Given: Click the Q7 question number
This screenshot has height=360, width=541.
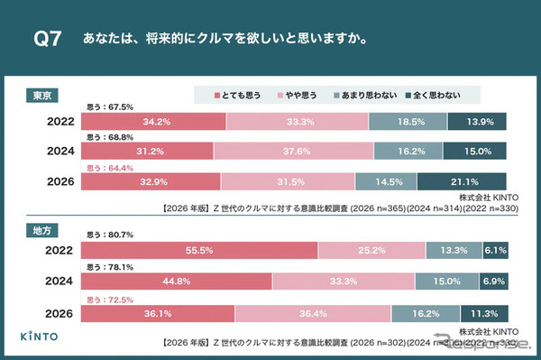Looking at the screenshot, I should coord(47,40).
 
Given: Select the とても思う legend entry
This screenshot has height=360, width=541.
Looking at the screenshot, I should coord(236,94).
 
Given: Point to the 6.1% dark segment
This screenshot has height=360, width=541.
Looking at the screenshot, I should coord(493,250).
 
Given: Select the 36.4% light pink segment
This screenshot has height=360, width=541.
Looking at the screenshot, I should coord(313,314).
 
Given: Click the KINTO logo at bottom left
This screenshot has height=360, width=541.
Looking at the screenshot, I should coord(41,336).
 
